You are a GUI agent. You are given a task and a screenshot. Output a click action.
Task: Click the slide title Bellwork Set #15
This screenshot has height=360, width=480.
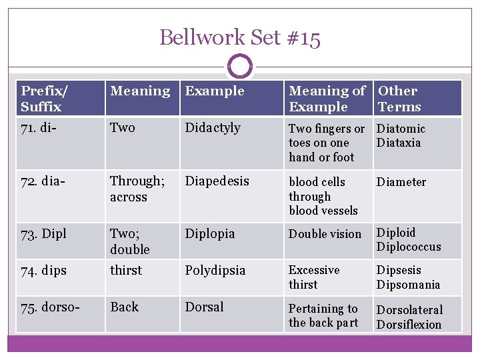[x=240, y=37]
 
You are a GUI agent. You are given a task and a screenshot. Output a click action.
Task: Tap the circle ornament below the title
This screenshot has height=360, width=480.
[x=240, y=67]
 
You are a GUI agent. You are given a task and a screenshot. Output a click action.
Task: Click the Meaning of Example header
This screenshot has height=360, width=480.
[x=327, y=99]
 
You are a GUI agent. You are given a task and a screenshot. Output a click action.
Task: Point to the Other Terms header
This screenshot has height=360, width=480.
[x=399, y=99]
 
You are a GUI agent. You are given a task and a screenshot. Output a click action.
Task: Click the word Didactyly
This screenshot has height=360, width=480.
[x=213, y=128]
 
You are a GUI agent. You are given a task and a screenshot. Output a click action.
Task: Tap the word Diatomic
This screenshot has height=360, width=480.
[x=401, y=129]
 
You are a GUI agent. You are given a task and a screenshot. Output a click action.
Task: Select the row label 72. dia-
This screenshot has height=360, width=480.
[x=43, y=181]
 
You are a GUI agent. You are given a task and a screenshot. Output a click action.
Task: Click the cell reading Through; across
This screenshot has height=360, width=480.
[x=137, y=189]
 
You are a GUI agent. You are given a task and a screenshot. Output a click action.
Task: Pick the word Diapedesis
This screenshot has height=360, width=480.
[x=217, y=181]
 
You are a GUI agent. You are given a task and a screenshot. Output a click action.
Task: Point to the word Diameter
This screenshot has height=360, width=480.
[x=401, y=182]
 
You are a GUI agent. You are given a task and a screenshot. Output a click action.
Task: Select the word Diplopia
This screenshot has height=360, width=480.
[x=210, y=234]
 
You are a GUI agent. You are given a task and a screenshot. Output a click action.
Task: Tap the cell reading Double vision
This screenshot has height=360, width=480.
[x=325, y=234]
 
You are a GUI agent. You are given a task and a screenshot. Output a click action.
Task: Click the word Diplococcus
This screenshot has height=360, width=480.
[x=409, y=247]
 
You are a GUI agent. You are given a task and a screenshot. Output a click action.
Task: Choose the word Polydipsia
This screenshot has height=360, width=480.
[x=215, y=271]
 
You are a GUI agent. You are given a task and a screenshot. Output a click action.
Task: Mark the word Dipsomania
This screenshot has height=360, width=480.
[x=408, y=285]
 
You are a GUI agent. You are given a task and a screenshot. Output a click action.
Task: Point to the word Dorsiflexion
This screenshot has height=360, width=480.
[x=409, y=325]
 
